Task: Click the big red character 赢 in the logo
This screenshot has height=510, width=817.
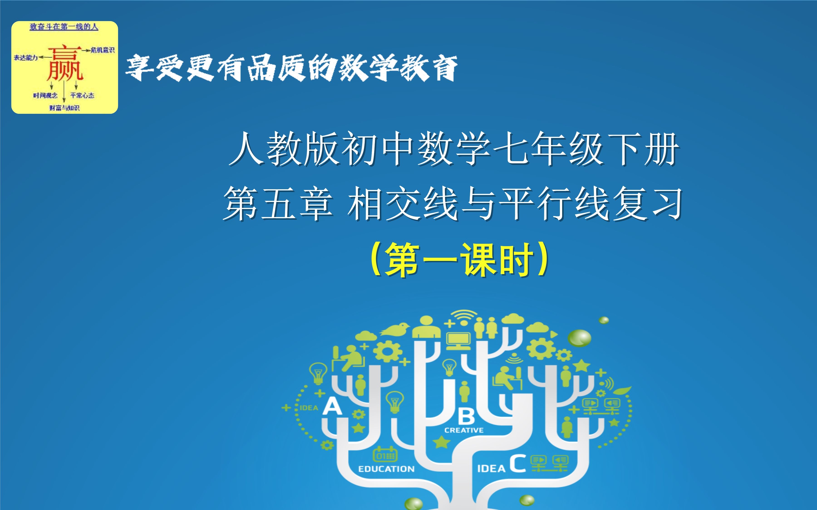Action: pos(65,64)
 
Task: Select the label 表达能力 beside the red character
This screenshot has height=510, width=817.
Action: pos(26,58)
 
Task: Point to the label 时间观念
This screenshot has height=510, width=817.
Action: pos(45,95)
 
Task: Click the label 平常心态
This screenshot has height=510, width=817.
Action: pos(82,95)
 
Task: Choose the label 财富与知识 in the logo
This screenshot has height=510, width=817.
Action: pos(64,108)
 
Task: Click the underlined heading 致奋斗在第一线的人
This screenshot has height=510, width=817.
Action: pos(64,27)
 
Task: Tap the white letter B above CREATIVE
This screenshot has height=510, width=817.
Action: pos(466,416)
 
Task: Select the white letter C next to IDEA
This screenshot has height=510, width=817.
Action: pos(517,464)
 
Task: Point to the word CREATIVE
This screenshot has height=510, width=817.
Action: pos(464,430)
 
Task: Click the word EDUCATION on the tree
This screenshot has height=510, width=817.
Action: pos(386,469)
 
